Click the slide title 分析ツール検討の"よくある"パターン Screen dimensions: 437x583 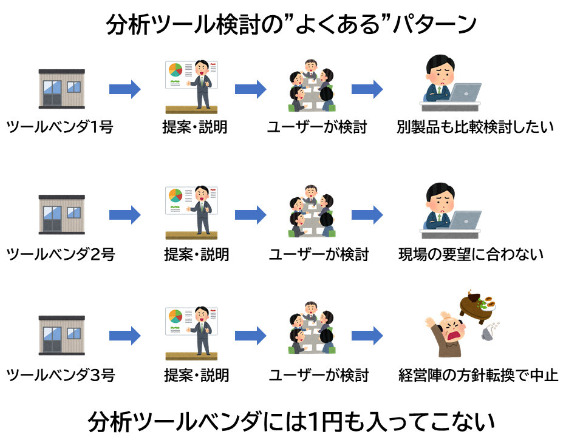tap(291, 25)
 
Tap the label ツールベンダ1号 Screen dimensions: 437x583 tap(60, 128)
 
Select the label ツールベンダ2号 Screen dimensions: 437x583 tap(60, 254)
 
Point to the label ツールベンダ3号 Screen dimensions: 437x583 tap(60, 374)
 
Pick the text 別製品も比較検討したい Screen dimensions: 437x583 tap(475, 128)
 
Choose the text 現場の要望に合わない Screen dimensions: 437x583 tap(471, 254)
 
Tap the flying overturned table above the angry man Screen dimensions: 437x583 tap(477, 302)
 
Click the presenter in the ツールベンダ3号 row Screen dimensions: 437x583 tap(202, 331)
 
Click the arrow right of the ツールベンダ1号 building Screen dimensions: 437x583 tap(124, 90)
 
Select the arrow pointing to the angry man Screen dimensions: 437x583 tap(367, 335)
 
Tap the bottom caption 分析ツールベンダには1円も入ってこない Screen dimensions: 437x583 tap(291, 420)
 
